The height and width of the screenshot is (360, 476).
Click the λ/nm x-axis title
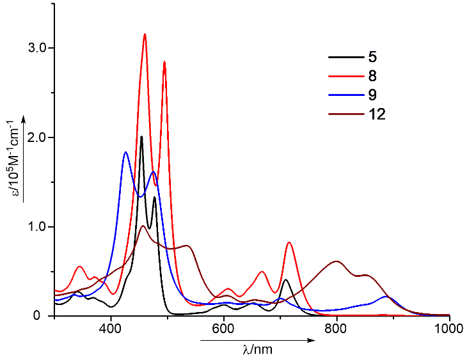point(258,350)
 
